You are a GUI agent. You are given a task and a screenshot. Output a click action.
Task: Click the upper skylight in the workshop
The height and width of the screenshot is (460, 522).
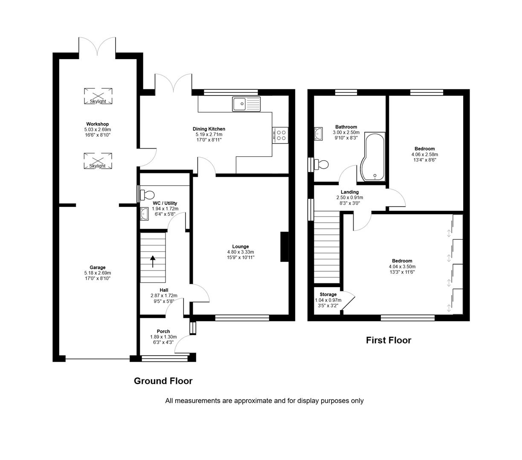click(98, 96)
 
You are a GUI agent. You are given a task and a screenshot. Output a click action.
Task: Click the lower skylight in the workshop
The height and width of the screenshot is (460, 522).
click(98, 161)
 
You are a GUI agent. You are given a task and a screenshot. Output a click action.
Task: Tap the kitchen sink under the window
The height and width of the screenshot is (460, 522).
click(246, 104)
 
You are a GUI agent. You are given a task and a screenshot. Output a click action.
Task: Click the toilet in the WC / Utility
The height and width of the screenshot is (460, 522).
click(147, 195)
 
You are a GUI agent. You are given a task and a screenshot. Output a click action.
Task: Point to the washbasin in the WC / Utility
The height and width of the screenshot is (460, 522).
click(145, 214)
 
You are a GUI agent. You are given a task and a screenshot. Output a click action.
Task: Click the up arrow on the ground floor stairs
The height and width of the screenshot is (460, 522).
click(152, 261)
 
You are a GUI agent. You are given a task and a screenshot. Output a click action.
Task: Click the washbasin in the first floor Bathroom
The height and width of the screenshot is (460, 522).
click(318, 134)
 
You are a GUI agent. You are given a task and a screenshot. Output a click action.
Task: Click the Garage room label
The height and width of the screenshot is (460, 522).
click(98, 267)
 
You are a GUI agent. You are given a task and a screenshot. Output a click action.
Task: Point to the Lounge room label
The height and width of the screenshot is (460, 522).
click(241, 247)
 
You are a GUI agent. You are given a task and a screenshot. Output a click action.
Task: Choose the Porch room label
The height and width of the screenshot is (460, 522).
click(163, 331)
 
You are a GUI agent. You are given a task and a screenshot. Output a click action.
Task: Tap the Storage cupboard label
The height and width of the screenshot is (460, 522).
click(328, 294)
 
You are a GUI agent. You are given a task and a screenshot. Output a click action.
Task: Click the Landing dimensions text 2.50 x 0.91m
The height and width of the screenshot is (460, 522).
click(350, 198)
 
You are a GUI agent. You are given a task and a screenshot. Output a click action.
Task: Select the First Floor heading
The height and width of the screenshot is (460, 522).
click(389, 340)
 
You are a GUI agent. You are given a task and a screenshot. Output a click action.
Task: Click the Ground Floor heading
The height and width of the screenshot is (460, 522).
click(163, 381)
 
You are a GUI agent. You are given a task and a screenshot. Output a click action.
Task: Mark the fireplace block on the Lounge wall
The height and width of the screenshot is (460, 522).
click(284, 247)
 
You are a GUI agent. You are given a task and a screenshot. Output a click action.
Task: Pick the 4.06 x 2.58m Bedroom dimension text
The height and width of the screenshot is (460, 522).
click(424, 155)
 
